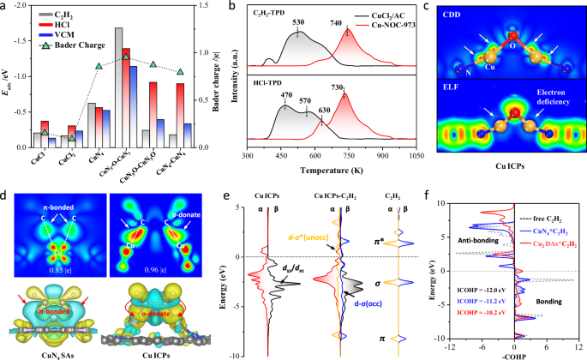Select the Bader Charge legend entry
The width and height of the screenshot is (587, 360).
70,55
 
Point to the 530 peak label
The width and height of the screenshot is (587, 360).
297,23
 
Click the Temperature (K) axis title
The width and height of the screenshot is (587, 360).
341,171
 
